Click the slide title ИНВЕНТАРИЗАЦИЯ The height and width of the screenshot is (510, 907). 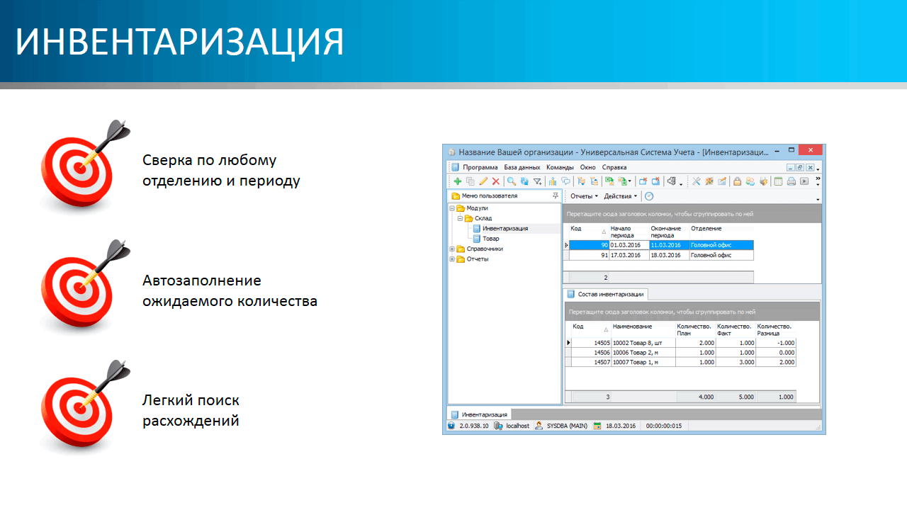(179, 42)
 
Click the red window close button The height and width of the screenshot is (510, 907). (810, 150)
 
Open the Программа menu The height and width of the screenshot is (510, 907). (480, 167)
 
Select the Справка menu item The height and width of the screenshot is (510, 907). (614, 167)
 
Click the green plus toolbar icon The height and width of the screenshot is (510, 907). (458, 181)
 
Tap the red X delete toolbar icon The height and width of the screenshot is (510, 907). (495, 181)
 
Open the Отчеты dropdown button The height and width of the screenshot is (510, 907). (584, 196)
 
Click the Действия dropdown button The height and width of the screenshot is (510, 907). (620, 196)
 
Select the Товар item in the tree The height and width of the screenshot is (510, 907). (491, 239)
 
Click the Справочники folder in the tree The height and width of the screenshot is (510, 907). (484, 249)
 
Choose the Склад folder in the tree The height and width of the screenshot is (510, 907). (483, 218)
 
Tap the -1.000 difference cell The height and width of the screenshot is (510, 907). (776, 343)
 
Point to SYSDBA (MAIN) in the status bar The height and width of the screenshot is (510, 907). (567, 426)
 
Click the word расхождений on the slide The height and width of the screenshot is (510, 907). (191, 421)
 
